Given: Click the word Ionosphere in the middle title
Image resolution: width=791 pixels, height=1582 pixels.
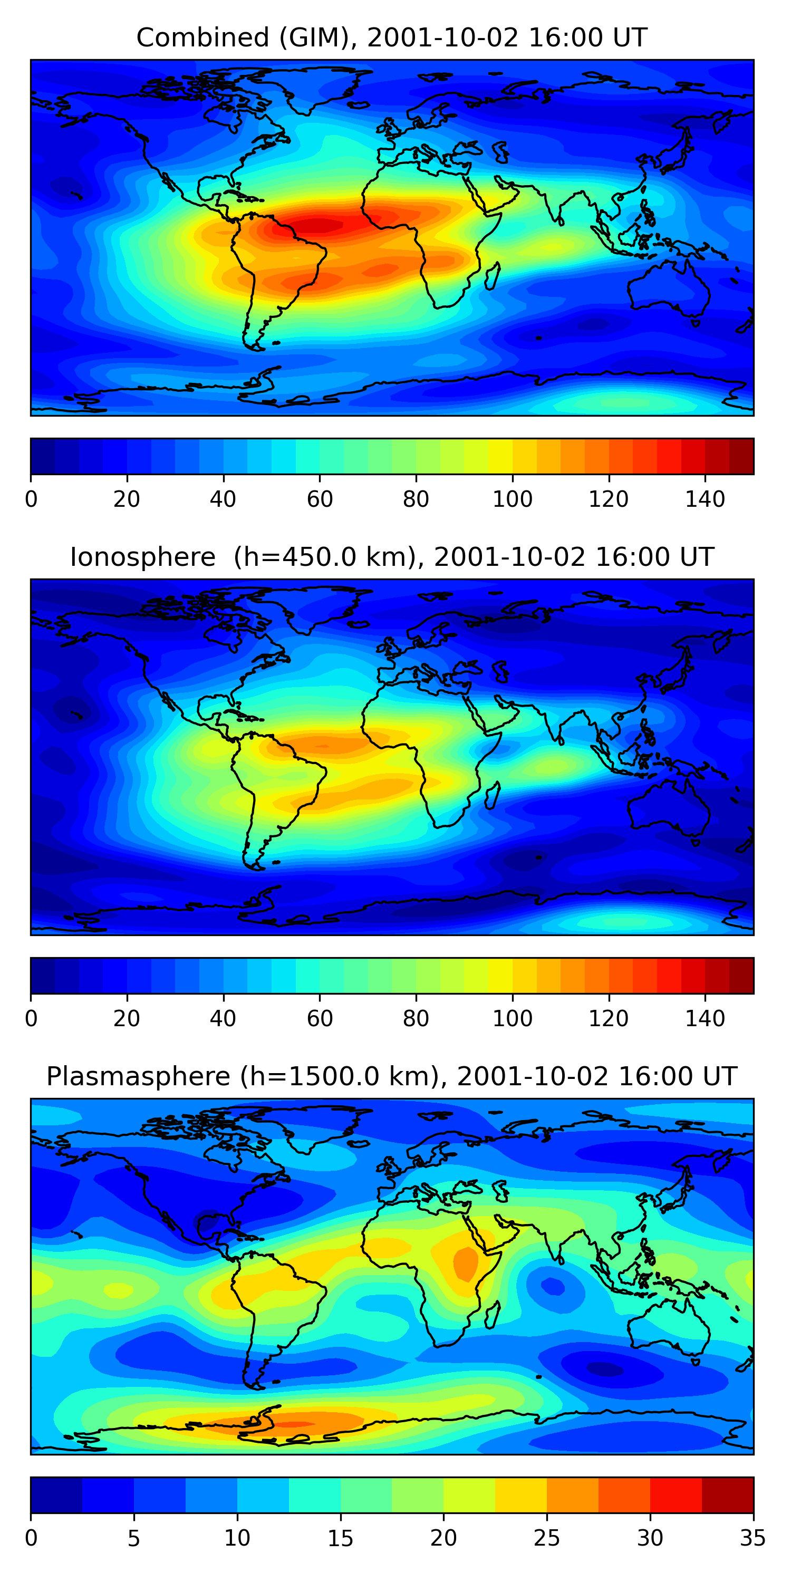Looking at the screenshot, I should pos(142,557).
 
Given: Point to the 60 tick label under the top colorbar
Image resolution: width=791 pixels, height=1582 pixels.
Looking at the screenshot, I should pos(320,499).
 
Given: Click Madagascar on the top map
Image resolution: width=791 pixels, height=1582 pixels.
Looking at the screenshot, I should pos(492,276).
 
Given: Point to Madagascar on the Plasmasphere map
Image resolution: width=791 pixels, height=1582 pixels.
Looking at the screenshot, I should pos(492,1314).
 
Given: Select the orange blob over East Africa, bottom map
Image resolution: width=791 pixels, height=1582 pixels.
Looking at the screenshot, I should pos(465,1262).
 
